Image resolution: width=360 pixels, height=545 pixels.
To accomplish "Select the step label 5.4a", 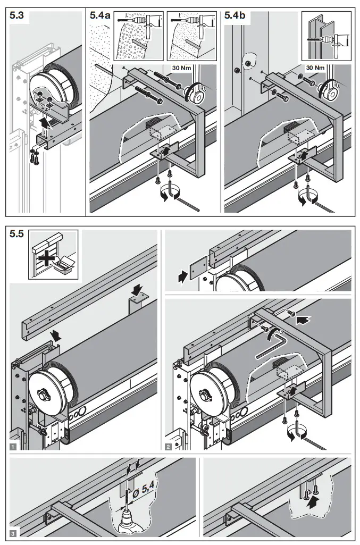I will click(99, 16).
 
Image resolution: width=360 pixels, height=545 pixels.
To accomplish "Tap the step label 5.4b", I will click(235, 16).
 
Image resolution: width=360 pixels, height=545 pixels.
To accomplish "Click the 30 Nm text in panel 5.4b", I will click(315, 68).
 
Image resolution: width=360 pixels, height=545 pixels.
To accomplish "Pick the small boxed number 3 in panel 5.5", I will click(13, 533).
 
